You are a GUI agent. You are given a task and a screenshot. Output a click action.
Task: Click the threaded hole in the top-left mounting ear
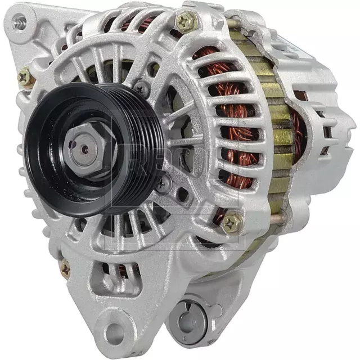coord(21,22)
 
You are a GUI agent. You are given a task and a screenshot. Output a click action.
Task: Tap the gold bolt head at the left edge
coord(25,78)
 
